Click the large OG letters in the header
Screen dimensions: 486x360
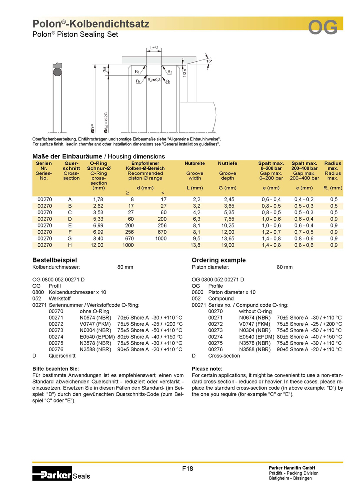(x=323, y=27)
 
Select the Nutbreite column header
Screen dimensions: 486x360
(x=195, y=163)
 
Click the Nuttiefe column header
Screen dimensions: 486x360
(x=227, y=163)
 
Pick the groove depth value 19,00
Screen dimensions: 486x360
(x=228, y=245)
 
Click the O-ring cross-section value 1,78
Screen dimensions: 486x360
(x=98, y=199)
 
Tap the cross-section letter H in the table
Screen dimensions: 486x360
(x=70, y=245)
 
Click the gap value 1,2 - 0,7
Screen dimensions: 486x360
(x=271, y=232)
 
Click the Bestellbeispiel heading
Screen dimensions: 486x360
(x=55, y=260)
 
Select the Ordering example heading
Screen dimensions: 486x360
(x=219, y=260)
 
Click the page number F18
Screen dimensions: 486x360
(x=187, y=468)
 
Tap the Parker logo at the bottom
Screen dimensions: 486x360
(x=52, y=473)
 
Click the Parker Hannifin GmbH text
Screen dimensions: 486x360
(x=292, y=468)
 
